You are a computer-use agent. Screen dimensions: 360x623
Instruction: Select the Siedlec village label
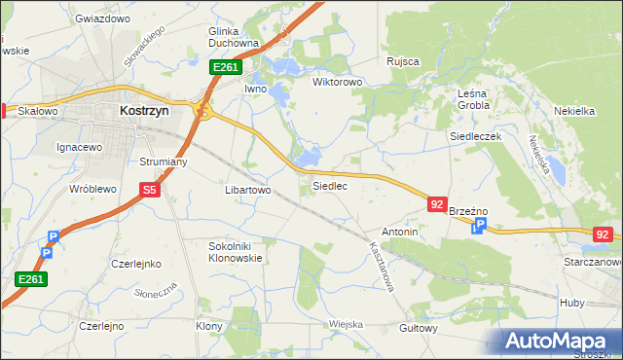[329, 185]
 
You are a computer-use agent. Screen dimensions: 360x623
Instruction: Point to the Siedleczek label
[474, 137]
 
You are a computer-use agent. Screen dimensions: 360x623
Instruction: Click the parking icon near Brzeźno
[478, 227]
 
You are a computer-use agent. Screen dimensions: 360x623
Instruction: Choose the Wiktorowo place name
[337, 82]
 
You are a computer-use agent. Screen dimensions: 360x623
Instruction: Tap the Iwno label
[255, 89]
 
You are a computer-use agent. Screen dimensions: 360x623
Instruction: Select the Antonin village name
[400, 233]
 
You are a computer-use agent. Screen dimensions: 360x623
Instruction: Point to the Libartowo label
[247, 191]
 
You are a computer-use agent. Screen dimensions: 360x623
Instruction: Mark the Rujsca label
[402, 61]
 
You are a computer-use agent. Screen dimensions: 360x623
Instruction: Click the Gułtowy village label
[419, 328]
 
